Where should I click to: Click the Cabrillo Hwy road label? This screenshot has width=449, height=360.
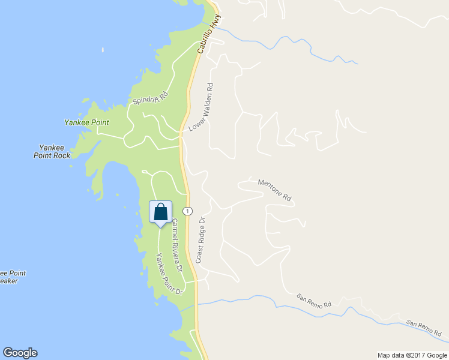[x=206, y=35]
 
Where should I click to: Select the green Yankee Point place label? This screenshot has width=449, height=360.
[x=86, y=122]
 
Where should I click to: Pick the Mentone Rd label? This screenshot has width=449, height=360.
[x=274, y=190]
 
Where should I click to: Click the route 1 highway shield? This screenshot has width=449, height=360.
[x=188, y=211]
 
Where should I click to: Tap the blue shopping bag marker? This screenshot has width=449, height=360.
[x=160, y=212]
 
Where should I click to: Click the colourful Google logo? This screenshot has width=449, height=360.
[x=20, y=353]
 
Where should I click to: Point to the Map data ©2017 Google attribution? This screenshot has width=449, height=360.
[x=412, y=355]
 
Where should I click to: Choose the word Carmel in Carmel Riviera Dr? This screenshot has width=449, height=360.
[x=174, y=228]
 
